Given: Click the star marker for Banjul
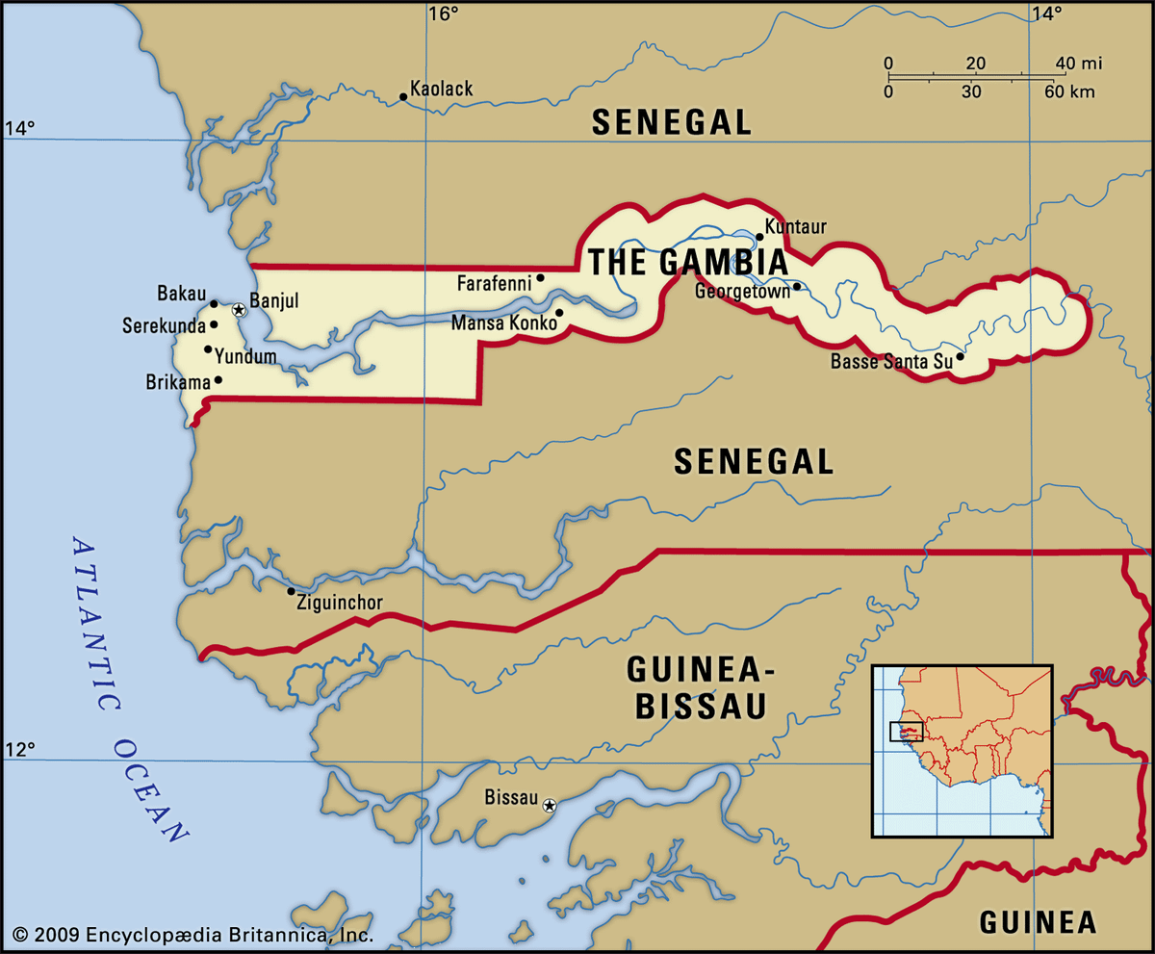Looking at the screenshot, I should click(x=238, y=310).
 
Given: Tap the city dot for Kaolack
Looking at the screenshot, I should click(x=403, y=96).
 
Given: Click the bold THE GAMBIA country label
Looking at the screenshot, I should click(x=687, y=263).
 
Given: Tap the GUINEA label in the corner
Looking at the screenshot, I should click(x=1038, y=922).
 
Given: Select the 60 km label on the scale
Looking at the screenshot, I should click(x=1068, y=92).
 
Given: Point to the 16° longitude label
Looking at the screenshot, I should click(x=444, y=13).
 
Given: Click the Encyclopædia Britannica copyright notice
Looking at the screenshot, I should click(x=192, y=934).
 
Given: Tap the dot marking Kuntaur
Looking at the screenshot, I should click(x=759, y=236).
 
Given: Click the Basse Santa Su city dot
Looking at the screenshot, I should click(x=960, y=357).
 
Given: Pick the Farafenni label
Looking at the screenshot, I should click(x=495, y=284).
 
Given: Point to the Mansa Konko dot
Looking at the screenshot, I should click(x=559, y=313).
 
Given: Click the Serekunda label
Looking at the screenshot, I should click(x=164, y=326).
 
